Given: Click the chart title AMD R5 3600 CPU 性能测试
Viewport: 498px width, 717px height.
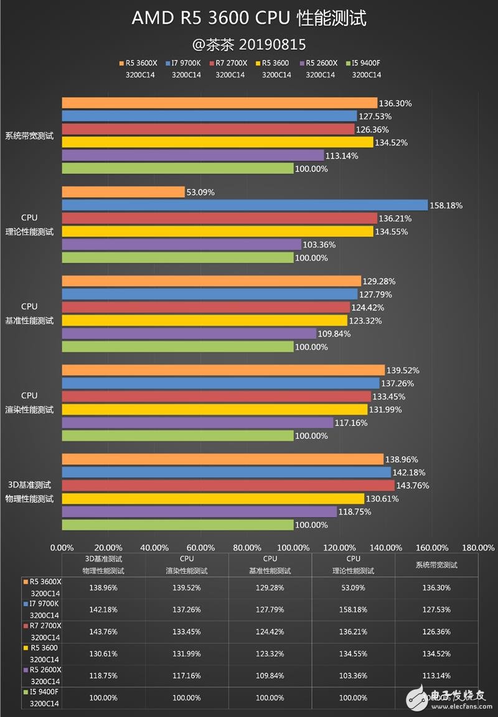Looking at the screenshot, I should click(x=249, y=19).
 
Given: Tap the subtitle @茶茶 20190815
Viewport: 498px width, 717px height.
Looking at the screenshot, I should click(x=249, y=45).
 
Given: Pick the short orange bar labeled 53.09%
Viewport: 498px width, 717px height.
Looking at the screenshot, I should click(x=123, y=192).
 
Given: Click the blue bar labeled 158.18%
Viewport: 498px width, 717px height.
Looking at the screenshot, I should click(x=244, y=205).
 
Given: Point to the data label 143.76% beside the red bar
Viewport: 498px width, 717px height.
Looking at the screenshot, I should click(x=413, y=486).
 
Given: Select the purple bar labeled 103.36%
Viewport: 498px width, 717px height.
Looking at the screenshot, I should click(x=181, y=245).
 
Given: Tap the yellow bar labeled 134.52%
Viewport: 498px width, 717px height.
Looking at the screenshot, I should click(x=217, y=142).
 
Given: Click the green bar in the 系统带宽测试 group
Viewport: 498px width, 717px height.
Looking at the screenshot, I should click(x=177, y=169).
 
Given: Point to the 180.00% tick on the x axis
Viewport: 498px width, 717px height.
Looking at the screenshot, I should click(x=479, y=548).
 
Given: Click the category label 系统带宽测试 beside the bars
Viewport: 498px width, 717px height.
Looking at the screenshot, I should click(x=29, y=136).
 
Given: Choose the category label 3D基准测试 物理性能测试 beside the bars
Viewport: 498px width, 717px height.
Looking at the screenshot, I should click(x=29, y=491).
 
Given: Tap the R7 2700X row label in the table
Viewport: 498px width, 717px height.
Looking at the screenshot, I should click(x=41, y=631).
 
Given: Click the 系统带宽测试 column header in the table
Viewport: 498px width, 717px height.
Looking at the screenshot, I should click(x=436, y=565).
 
